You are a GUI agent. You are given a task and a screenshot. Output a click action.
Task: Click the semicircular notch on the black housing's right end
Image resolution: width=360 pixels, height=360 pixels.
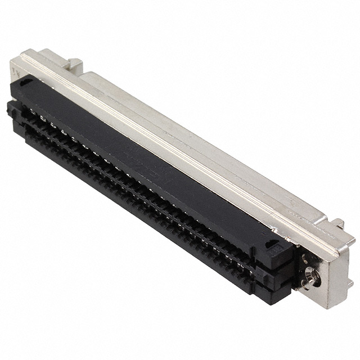click(271, 244)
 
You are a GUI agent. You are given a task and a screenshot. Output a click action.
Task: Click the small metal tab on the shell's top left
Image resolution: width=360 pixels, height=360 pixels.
click(74, 60)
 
